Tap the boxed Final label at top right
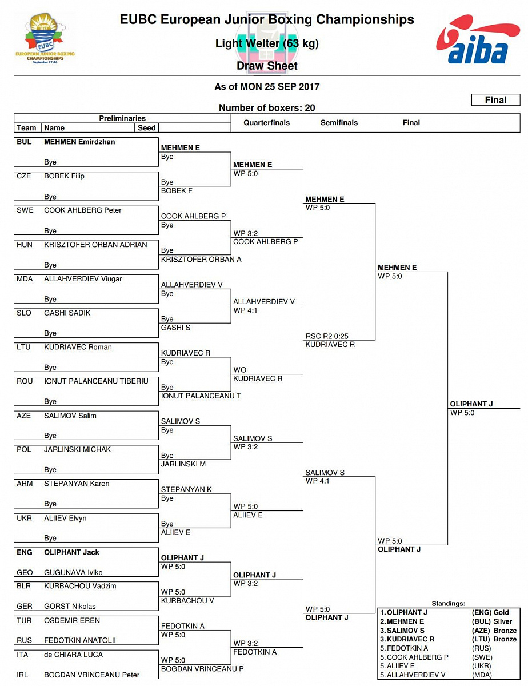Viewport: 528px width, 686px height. [x=495, y=100]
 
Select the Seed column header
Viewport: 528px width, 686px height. [x=147, y=128]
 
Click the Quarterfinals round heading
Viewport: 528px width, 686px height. [x=266, y=123]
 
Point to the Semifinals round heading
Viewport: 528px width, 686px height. [x=339, y=123]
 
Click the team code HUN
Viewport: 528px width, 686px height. [x=25, y=245]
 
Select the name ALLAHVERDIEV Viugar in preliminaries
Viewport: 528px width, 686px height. [x=83, y=279]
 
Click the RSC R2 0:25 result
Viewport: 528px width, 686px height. [x=327, y=336]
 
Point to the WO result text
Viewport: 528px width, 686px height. [x=239, y=370]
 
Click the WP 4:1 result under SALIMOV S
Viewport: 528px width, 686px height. [x=318, y=481]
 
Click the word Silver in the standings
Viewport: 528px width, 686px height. [x=503, y=621]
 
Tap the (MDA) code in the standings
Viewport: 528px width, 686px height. [x=482, y=675]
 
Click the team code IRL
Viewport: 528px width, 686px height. [x=24, y=675]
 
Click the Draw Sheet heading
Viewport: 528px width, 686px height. [x=267, y=66]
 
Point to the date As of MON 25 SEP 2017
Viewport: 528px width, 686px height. [x=267, y=87]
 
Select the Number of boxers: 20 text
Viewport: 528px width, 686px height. [x=267, y=108]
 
